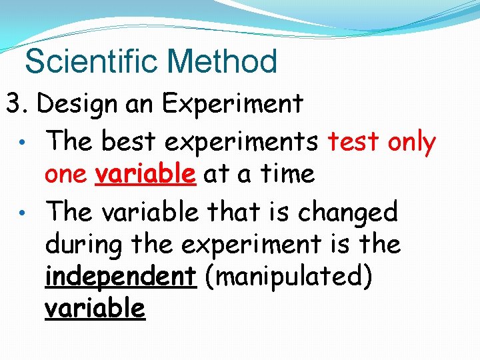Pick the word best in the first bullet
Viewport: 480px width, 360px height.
(x=125, y=141)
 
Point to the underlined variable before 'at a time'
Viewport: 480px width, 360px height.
(x=145, y=174)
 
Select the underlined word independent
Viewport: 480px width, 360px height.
(x=121, y=276)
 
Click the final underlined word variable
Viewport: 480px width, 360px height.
(x=95, y=309)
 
